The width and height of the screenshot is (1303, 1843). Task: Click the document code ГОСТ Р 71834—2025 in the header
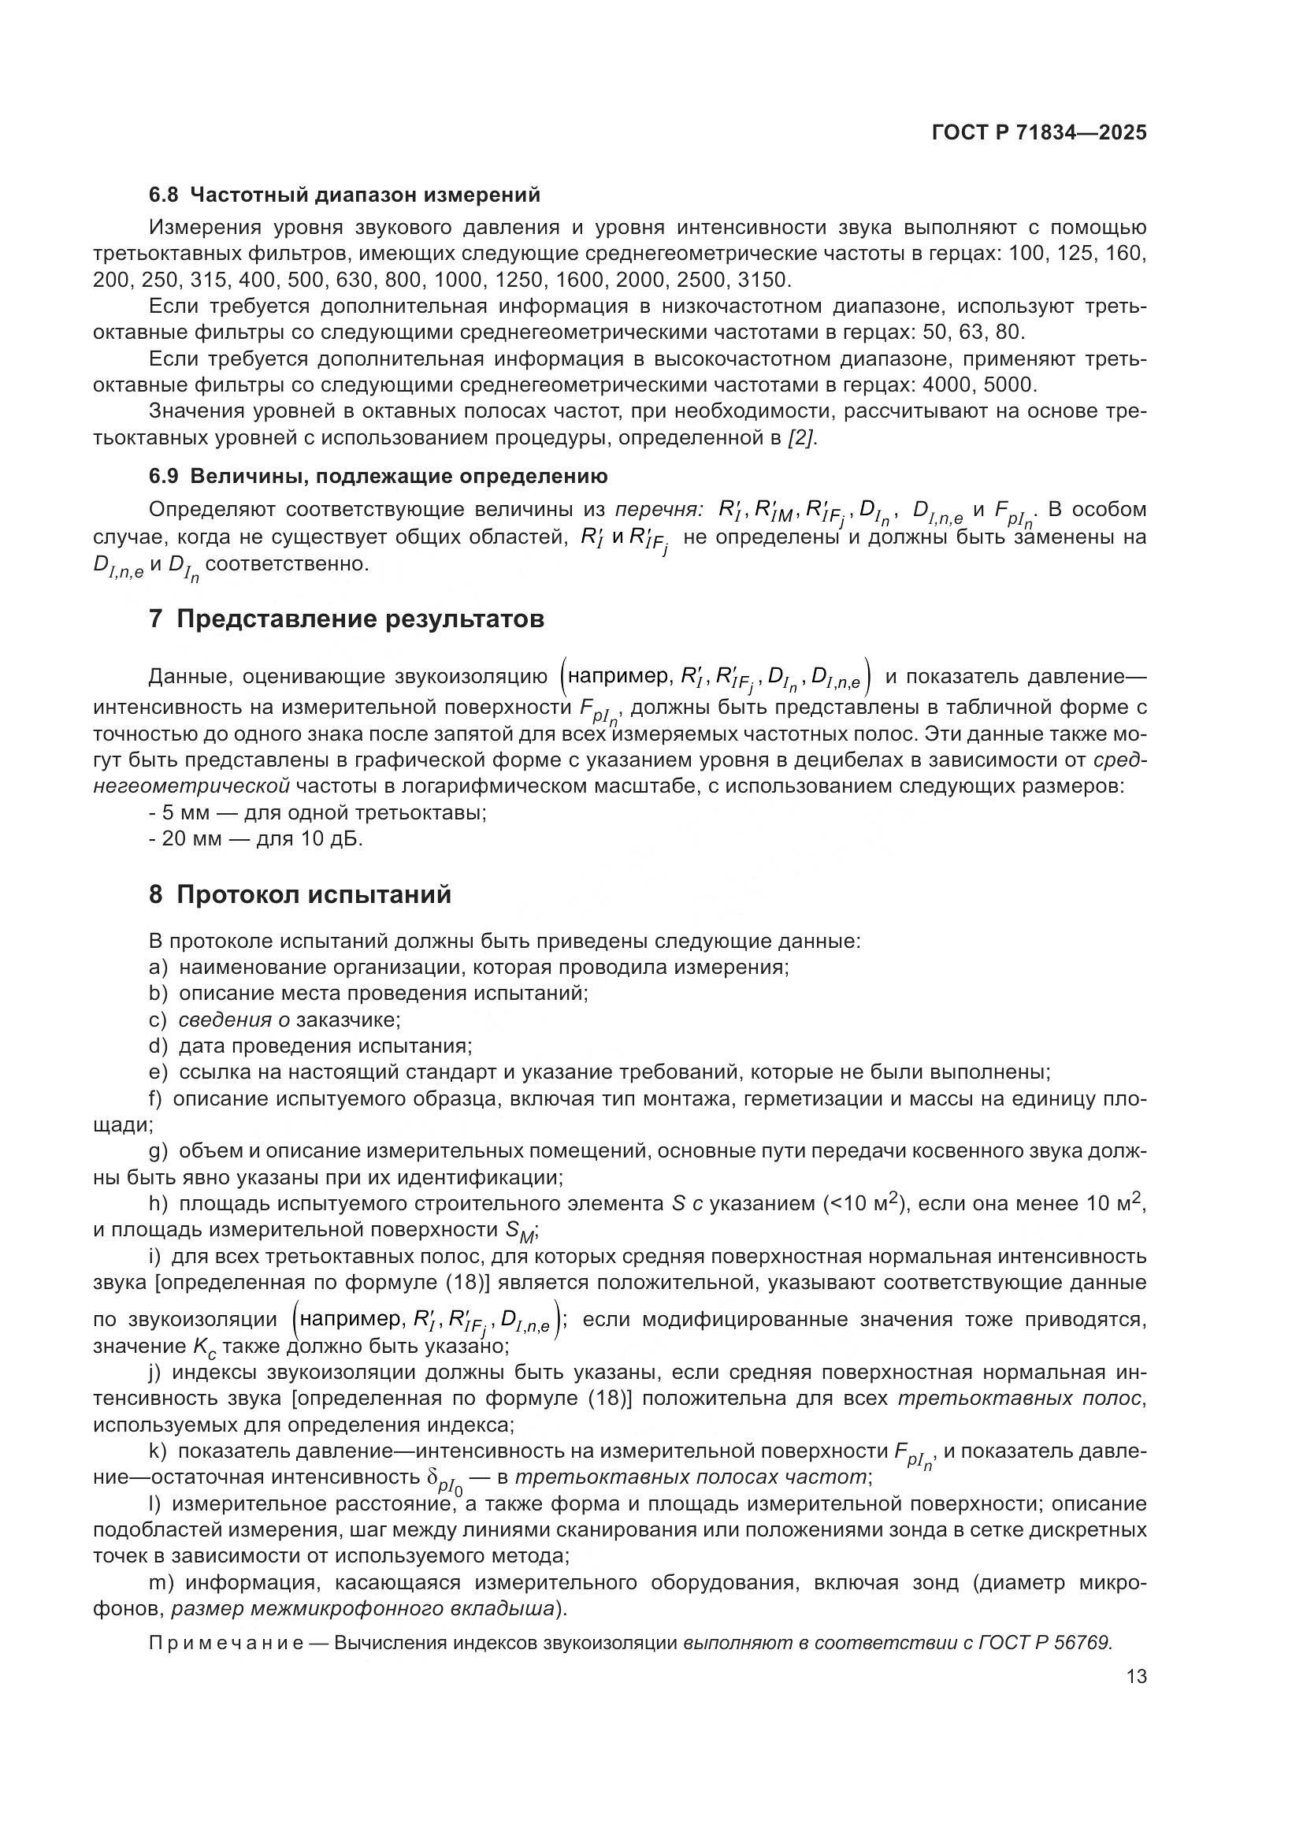[x=1039, y=133]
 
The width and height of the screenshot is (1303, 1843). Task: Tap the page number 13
[x=1136, y=1676]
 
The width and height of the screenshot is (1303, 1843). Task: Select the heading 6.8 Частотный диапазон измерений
[x=344, y=195]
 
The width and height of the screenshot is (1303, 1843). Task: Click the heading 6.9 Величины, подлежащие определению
[x=378, y=476]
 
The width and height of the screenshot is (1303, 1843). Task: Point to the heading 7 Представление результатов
[x=347, y=619]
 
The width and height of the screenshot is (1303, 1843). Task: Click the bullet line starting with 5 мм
[x=317, y=812]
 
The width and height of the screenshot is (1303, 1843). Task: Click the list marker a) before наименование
[x=158, y=967]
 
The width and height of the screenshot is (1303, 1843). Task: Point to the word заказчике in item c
[x=347, y=1020]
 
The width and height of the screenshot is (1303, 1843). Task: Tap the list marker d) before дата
[x=158, y=1046]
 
